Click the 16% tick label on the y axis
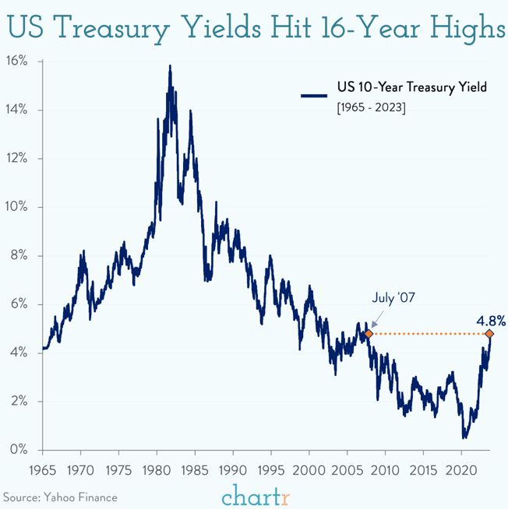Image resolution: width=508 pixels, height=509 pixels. point(16,61)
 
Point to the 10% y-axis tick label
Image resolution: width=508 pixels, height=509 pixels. point(16,207)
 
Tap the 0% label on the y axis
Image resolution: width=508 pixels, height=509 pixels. point(19,450)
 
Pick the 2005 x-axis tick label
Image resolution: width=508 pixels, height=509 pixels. point(347,471)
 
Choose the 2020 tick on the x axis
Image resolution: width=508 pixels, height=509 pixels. point(461,471)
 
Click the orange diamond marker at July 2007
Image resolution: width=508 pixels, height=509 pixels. point(369,333)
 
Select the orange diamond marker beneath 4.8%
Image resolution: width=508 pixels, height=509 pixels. point(489,333)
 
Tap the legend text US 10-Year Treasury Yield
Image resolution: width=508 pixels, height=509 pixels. point(411,87)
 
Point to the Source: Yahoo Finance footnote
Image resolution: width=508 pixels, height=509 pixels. point(61,496)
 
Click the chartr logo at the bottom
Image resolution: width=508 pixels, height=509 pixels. point(255,493)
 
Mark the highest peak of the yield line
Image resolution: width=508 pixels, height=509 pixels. point(169,66)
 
